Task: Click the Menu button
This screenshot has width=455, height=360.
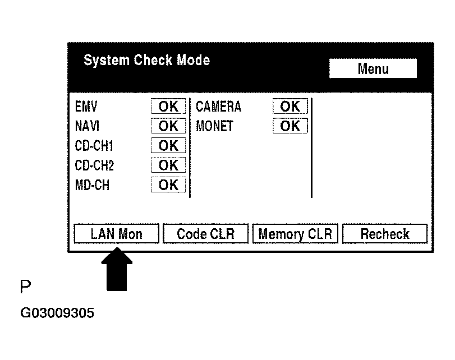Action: point(373,69)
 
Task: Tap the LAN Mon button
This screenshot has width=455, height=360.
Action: point(117,234)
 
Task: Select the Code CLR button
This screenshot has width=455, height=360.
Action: point(205,234)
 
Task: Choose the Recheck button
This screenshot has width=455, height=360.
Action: point(385,234)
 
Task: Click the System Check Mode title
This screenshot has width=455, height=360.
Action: point(146,60)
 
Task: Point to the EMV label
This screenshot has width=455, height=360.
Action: point(86,107)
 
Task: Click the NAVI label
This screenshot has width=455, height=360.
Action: point(87,127)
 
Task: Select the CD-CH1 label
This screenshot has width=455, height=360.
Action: point(94,146)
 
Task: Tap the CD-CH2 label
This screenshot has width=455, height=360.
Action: point(94,166)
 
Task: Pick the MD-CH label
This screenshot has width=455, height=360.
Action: point(92,186)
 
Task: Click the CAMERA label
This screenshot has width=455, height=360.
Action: point(218,107)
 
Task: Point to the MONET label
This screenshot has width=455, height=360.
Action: point(214,127)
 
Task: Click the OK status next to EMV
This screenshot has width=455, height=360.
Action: point(168,107)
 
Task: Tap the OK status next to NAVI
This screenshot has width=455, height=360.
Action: point(168,126)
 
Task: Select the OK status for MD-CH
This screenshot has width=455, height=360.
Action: point(168,185)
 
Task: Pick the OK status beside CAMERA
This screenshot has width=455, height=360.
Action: point(290,107)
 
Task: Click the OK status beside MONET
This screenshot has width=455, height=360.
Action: point(290,126)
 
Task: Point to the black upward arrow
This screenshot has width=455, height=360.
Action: point(117,271)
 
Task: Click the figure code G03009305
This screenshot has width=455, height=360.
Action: point(57,313)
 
